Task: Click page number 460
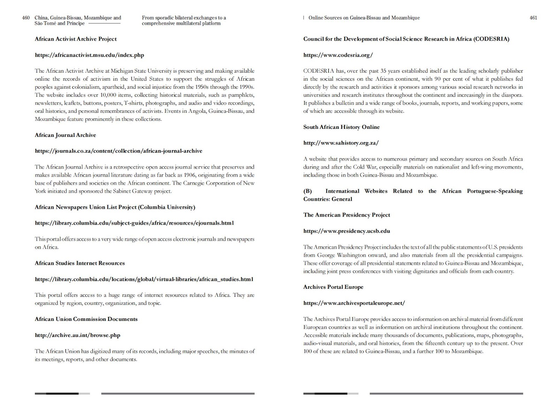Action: point(26,18)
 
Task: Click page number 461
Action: point(533,18)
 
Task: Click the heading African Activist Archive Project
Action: point(76,39)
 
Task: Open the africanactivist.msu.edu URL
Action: point(89,55)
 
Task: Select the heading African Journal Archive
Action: point(65,135)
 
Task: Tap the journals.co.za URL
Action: point(119,151)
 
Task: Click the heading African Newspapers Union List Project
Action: point(115,207)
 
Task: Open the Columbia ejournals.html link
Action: point(134,223)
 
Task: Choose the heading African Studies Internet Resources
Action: point(80,263)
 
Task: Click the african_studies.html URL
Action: point(144,279)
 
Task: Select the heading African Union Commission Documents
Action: point(86,319)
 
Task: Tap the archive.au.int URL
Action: point(77,335)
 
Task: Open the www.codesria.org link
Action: point(338,55)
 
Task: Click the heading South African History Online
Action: point(341,127)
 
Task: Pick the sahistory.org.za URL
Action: point(341,143)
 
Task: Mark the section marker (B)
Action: point(308,191)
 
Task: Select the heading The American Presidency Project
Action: point(347,215)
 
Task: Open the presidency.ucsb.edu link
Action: point(347,231)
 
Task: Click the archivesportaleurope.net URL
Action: point(354,303)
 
